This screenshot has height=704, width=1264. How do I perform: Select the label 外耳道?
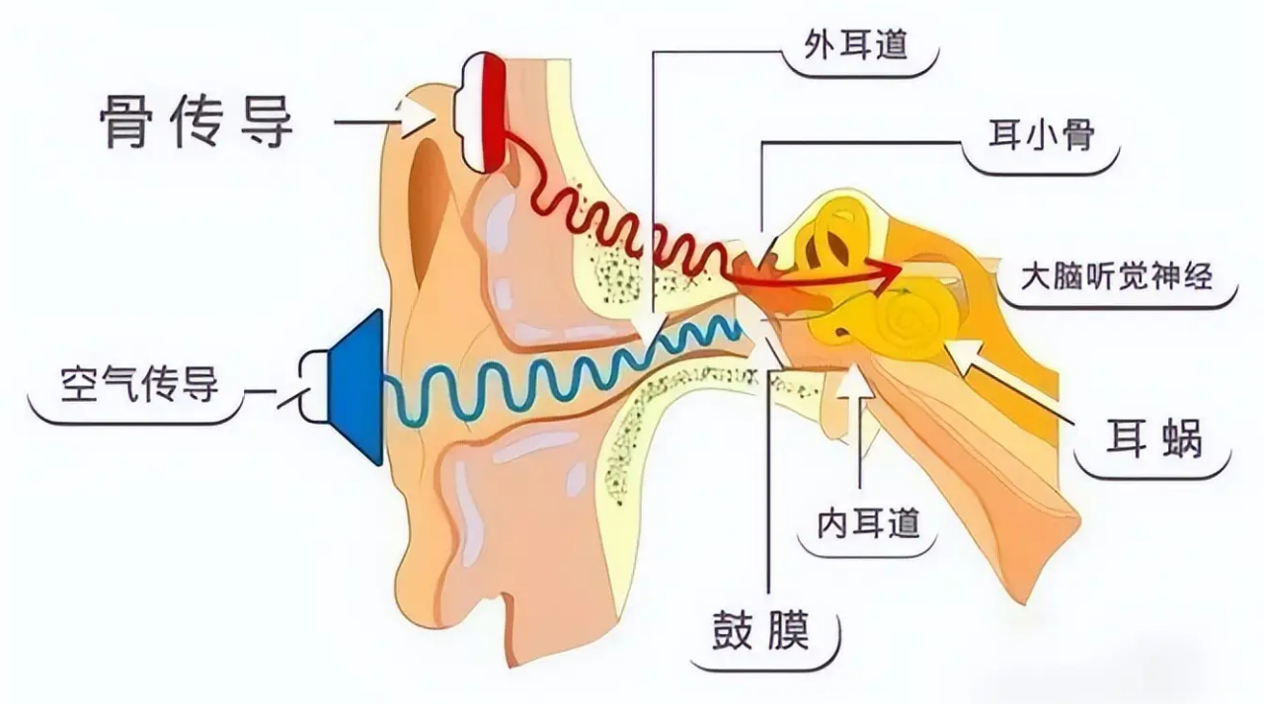856,44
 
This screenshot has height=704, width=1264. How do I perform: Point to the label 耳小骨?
1042,135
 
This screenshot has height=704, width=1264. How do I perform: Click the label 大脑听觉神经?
1117,276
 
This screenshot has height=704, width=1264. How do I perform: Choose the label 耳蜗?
1154,437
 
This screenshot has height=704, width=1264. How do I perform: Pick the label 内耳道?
868,523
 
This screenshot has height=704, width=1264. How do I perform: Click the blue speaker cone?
355,387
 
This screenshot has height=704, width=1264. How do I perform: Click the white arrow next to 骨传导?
419,118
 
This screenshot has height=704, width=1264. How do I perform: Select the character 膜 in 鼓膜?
788,630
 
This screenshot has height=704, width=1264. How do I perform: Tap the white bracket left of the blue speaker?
313,387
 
